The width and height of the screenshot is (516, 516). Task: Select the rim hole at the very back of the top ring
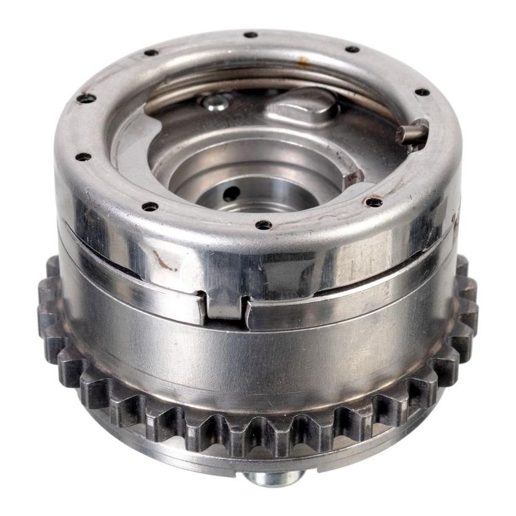click(x=250, y=35)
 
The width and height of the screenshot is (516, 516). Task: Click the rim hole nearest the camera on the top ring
click(x=263, y=225)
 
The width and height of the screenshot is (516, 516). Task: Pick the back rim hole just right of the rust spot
click(x=351, y=49)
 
